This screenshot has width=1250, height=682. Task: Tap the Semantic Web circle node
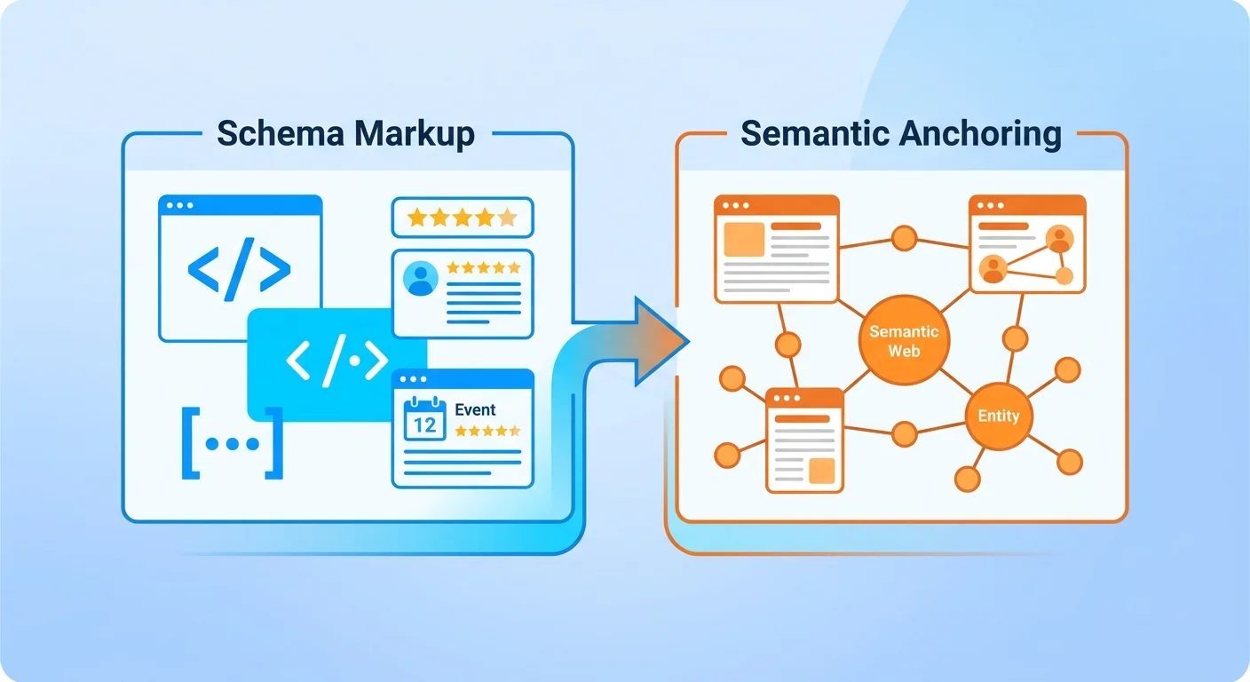904,340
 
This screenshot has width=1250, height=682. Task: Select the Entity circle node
999,416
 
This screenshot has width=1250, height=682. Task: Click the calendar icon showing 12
424,419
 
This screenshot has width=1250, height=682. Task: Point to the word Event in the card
475,409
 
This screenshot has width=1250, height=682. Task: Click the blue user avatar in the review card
421,278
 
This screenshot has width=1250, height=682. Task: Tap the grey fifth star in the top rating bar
507,218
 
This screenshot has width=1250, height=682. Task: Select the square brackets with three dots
232,443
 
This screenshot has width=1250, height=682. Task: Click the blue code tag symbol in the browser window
239,266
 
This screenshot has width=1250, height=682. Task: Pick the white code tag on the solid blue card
337,361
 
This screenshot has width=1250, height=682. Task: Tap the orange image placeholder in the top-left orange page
744,240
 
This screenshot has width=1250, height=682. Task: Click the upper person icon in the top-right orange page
1058,238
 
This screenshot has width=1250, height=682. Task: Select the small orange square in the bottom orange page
822,471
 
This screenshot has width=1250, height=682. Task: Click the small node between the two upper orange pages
904,238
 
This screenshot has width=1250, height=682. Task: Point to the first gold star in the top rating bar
415,218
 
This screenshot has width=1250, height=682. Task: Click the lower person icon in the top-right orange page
993,268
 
